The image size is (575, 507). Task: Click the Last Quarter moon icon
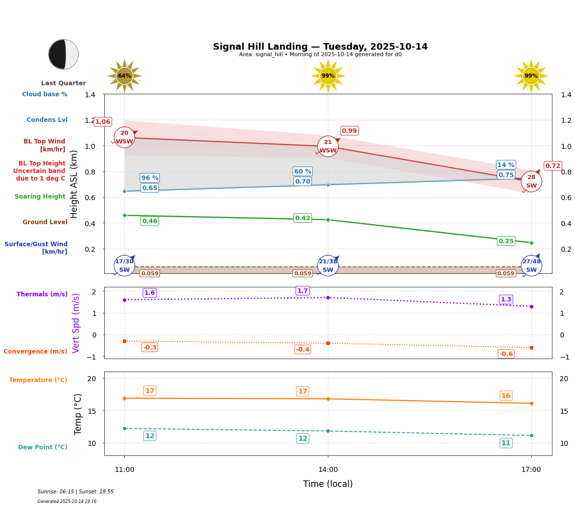coord(64,54)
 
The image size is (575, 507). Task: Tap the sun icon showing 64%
coord(124,76)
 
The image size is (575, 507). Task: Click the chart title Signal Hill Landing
coord(320,47)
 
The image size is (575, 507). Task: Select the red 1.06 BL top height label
coord(103,122)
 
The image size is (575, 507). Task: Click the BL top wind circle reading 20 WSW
coord(124,137)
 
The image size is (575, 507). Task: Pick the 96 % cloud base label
coord(150,178)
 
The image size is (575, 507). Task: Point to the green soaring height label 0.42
coord(303,218)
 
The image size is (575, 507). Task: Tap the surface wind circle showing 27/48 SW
coord(531,266)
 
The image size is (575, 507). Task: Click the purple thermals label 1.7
coord(303,291)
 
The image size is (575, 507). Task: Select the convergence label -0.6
coord(506,354)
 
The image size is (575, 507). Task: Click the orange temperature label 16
coord(506,396)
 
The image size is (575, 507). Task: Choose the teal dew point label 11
coord(506,443)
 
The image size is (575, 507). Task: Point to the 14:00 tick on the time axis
coord(328,470)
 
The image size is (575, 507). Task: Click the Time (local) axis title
coord(328,484)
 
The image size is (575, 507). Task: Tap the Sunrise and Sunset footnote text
coord(76,492)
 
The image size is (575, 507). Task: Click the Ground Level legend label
coord(45,222)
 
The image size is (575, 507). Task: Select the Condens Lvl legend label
coord(47,120)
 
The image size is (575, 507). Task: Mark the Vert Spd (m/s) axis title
coord(76,323)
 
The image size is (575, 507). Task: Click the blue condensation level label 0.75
coord(506,175)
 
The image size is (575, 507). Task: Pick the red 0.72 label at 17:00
coord(553,166)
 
